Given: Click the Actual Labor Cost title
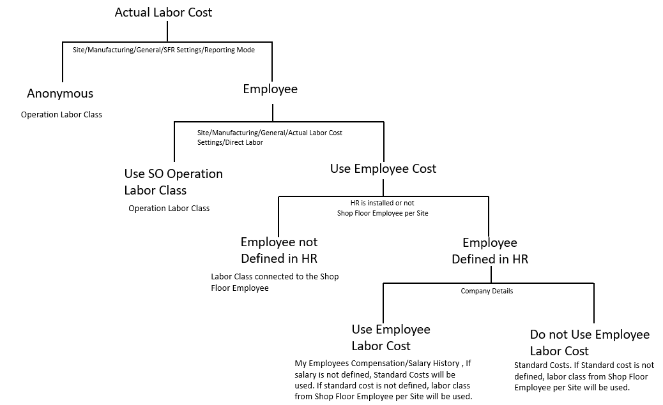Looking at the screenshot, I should tap(164, 12).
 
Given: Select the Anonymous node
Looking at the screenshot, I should tap(60, 94).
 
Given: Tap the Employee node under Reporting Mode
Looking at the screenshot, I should tap(270, 89).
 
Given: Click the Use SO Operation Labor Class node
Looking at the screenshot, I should tap(173, 182).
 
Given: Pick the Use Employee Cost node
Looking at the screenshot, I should tap(383, 169).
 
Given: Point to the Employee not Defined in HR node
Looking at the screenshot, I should tap(279, 251).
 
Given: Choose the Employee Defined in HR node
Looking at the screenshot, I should tap(490, 251).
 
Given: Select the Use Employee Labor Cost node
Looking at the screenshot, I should tap(391, 337).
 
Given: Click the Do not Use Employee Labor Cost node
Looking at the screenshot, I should tap(590, 342).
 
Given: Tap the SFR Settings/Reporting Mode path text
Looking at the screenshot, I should tap(164, 50).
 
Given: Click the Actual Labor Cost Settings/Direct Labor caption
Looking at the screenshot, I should tap(270, 137).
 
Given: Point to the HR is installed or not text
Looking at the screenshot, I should tap(383, 203).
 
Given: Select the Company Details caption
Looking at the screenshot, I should tap(487, 291).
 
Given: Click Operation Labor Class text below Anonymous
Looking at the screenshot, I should tap(61, 115).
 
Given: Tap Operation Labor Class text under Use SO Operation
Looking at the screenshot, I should tap(169, 209).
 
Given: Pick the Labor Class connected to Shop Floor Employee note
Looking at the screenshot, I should tap(275, 282).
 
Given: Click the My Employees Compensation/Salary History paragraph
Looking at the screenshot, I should tap(383, 379).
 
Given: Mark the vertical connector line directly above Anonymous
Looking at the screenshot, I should tap(63, 64).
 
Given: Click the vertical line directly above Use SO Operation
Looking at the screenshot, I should tap(174, 142).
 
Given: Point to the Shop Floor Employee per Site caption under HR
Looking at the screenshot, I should tap(383, 213).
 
